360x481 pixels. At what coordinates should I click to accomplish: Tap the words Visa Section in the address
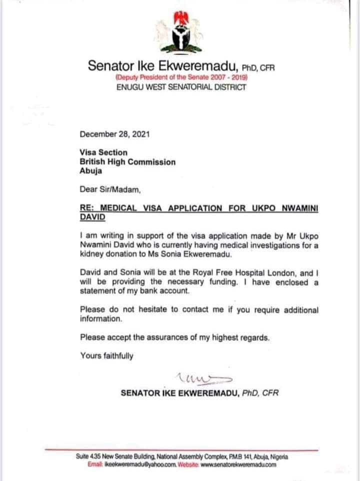[x=103, y=152]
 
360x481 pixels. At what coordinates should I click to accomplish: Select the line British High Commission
[x=127, y=161]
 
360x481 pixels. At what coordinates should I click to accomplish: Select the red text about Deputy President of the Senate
[x=181, y=78]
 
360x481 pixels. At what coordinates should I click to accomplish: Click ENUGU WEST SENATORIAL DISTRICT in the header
[x=181, y=87]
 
